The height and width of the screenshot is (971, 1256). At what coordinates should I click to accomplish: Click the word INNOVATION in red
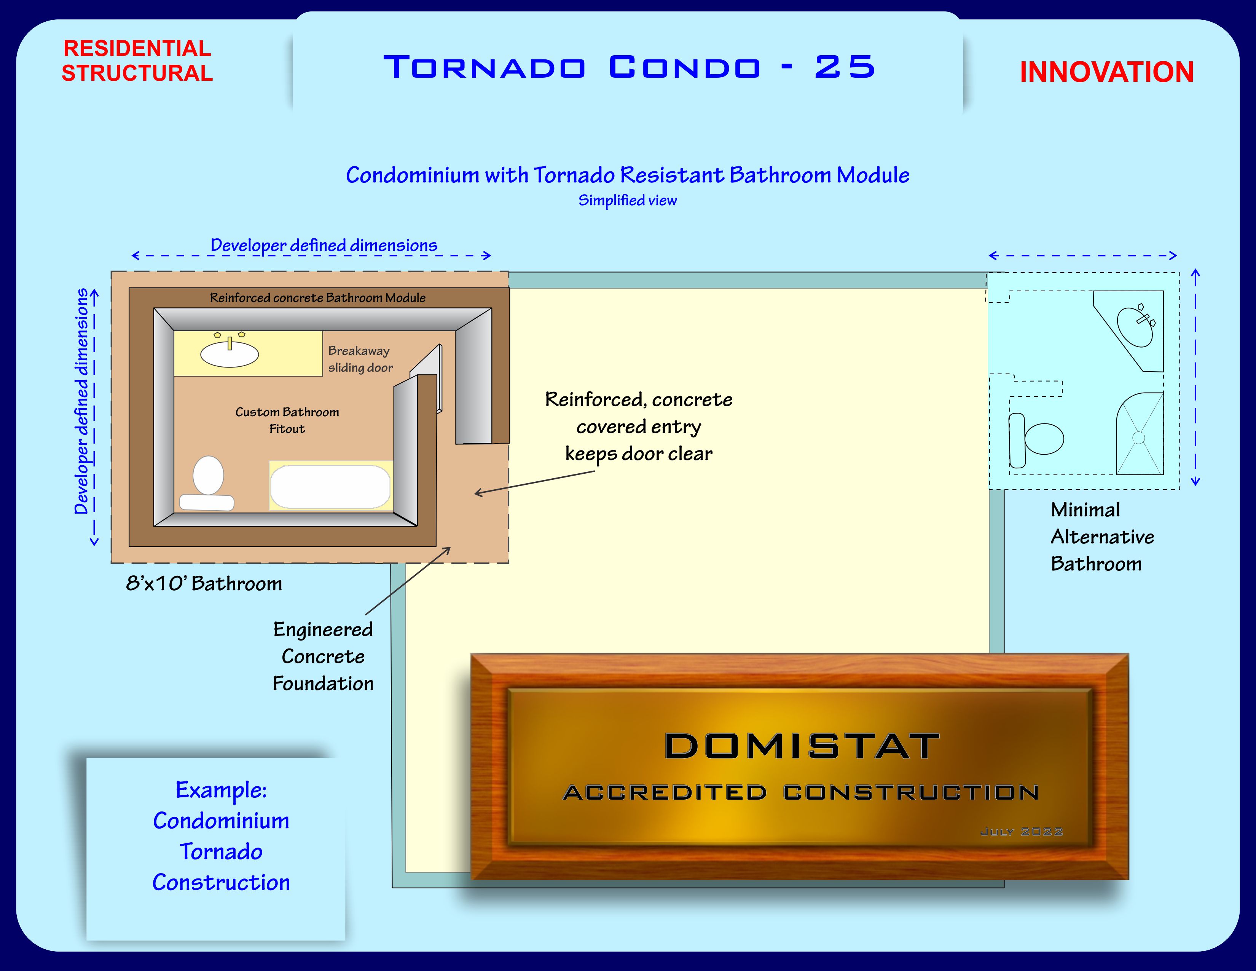click(x=1106, y=72)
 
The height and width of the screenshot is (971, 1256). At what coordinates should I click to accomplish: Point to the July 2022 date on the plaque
click(x=1022, y=832)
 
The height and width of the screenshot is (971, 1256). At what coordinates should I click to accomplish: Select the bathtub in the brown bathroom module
click(x=330, y=487)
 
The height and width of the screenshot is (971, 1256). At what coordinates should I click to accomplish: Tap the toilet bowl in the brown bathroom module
click(x=208, y=476)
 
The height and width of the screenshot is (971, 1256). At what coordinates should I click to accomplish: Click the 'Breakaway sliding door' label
click(x=360, y=359)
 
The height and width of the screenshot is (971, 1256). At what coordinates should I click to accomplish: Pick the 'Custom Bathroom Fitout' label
click(x=287, y=420)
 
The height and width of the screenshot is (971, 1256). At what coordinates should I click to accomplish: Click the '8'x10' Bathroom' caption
click(x=204, y=583)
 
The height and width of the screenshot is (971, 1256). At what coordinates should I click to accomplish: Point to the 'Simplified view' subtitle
click(x=627, y=200)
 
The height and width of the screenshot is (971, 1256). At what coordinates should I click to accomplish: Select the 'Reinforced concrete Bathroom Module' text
click(x=317, y=297)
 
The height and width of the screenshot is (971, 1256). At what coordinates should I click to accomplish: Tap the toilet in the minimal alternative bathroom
click(x=1037, y=439)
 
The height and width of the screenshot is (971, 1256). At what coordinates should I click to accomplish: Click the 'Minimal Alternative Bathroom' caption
click(x=1101, y=537)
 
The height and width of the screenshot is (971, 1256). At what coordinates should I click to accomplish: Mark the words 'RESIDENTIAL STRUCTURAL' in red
click(x=137, y=61)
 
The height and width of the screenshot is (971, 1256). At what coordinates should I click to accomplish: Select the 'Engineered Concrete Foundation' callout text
click(x=323, y=656)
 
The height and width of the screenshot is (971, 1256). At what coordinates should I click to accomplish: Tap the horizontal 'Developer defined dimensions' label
click(x=324, y=245)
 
